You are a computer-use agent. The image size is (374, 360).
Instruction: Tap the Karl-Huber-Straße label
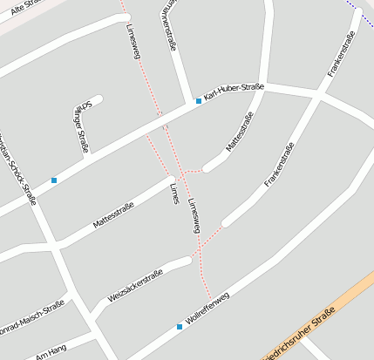[234, 92]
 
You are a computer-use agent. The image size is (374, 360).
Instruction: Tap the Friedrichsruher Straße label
[301, 335]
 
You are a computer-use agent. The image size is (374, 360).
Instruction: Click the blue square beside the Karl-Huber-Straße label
[199, 101]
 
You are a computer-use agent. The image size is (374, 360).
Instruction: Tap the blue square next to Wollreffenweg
[180, 327]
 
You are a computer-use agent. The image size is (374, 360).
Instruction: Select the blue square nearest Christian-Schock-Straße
[54, 180]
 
